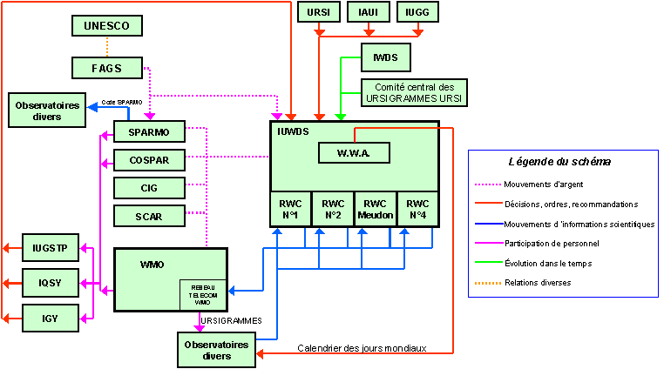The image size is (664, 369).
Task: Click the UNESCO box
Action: [x=106, y=26]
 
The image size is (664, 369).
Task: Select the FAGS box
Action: [x=106, y=68]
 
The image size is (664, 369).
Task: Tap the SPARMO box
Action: [x=149, y=132]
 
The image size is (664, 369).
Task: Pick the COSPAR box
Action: [x=149, y=160]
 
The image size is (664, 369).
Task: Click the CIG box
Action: [x=149, y=188]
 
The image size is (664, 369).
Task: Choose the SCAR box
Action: [x=149, y=215]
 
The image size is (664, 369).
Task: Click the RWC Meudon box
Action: [x=376, y=209]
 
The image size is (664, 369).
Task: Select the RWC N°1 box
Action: [x=290, y=209]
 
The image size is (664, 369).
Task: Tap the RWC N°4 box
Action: [x=417, y=209]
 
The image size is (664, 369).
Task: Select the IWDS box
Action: [x=384, y=57]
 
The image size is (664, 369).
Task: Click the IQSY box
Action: [x=50, y=283]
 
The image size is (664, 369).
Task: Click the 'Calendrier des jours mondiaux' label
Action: [x=362, y=348]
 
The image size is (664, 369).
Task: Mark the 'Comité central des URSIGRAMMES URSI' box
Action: [x=415, y=93]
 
